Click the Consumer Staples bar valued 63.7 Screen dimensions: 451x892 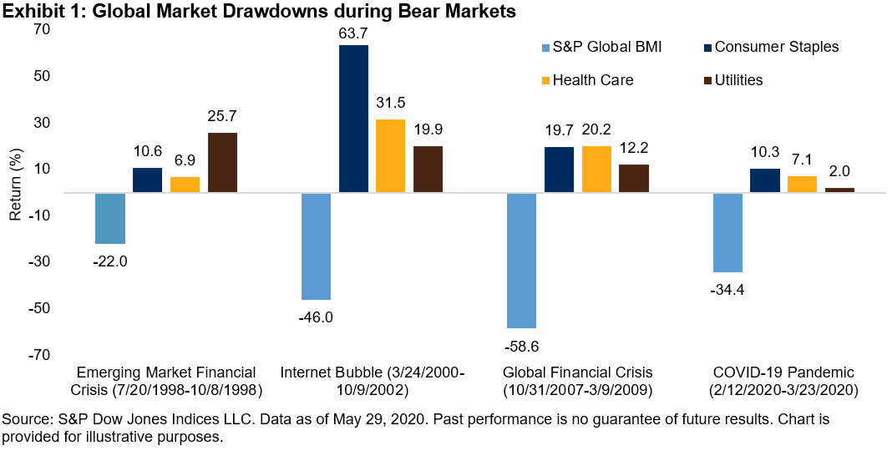tap(353, 119)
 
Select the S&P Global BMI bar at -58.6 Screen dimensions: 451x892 tap(523, 261)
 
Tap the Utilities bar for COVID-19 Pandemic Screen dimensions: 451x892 tap(839, 190)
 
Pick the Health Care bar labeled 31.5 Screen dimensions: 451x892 tap(390, 156)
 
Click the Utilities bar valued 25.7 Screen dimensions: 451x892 tap(222, 163)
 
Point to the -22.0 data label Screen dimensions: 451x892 tap(109, 261)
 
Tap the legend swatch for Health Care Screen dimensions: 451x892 tap(546, 80)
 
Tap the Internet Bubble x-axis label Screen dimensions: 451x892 tap(372, 380)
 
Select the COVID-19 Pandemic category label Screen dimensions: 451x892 tap(784, 380)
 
